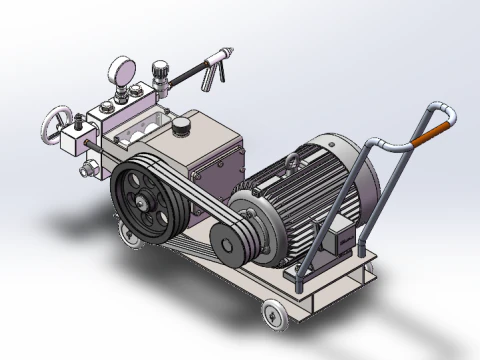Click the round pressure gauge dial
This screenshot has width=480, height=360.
tap(122, 71)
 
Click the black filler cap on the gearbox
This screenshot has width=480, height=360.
tap(182, 127)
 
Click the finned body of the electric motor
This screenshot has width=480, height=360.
tap(300, 200)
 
